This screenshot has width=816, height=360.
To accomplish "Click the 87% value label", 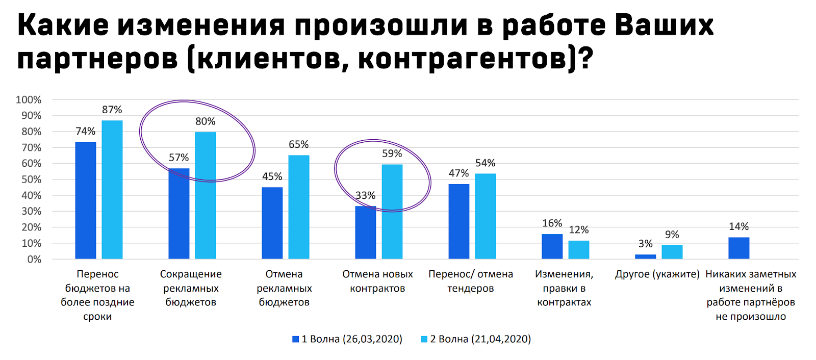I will pos(112,110).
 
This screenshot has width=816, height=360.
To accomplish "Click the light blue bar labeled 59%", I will pos(392,212).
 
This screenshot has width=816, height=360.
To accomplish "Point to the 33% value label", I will pos(365,195).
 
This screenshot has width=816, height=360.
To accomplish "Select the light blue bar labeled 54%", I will pos(485,216).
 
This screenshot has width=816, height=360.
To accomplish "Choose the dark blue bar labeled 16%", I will pos(552,246).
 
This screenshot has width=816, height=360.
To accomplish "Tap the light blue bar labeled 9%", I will pos(672,252).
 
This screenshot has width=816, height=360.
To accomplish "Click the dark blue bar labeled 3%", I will pos(645,256).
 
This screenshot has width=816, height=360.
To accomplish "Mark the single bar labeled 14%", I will pos(738,248).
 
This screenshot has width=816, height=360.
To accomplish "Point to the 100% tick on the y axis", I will pos(29,100).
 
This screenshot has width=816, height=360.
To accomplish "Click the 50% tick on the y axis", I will pos(31,179).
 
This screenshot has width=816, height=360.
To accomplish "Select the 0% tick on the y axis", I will pos(34,259).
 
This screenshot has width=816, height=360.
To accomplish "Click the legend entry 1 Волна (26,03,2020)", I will pos(347,339).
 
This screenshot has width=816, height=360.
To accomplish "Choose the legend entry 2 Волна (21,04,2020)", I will pos(475,339).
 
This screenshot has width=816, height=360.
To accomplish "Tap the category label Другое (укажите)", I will pos(657,274).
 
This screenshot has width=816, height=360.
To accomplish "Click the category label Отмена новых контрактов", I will pos(377,281).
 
